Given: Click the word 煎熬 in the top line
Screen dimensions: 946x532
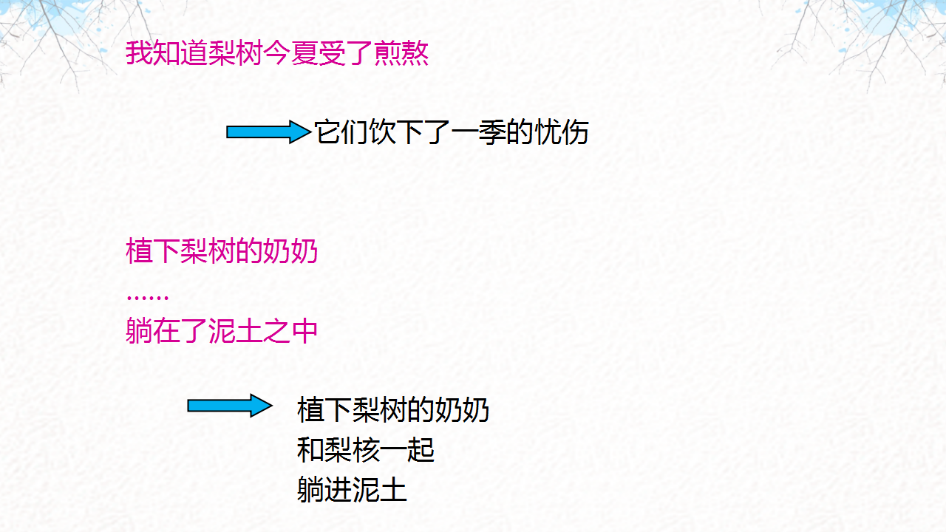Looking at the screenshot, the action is (x=401, y=54).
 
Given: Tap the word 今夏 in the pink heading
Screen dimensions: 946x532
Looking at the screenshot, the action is (x=290, y=54).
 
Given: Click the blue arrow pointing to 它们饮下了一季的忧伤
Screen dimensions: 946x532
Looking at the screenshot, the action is (x=268, y=132).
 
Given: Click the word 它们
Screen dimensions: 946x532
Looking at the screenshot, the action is (x=341, y=132).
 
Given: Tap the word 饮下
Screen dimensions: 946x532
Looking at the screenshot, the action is (x=396, y=132).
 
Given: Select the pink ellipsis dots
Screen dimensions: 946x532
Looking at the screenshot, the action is (x=148, y=297).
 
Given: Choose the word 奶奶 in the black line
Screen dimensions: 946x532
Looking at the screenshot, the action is (x=463, y=409).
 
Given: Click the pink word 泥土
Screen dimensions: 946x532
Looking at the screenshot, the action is (x=236, y=331).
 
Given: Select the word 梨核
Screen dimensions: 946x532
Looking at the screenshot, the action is (x=352, y=450).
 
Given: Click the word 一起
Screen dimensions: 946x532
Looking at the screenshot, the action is (x=407, y=450).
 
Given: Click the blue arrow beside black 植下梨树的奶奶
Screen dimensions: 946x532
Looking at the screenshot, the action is (x=230, y=406).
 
